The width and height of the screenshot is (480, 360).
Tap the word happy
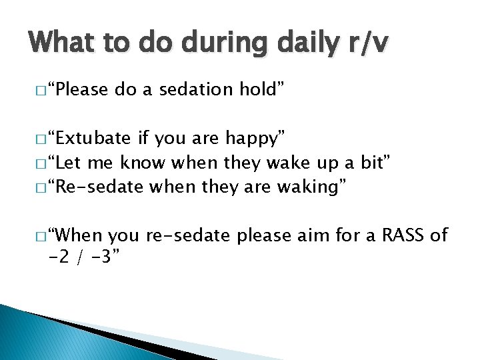(x=255, y=139)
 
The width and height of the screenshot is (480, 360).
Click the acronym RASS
(x=397, y=236)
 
